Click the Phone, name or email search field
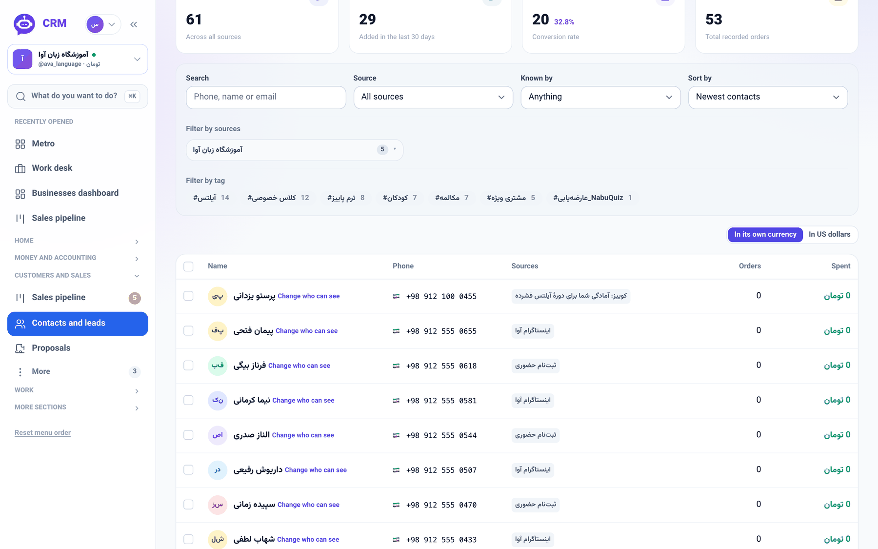[266, 97]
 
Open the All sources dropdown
[433, 97]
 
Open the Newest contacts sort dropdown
[768, 97]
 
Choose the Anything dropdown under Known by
[600, 97]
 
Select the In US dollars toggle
[829, 234]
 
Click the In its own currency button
[765, 234]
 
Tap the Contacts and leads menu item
[78, 324]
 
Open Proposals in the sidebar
[51, 348]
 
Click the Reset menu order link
[42, 433]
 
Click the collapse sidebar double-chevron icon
[134, 24]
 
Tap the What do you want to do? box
[78, 96]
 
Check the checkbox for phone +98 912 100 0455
[188, 296]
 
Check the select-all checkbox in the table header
[188, 266]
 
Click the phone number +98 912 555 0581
[441, 401]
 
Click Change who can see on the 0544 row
[303, 435]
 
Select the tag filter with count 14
[211, 198]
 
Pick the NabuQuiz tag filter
[593, 198]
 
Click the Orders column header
[750, 266]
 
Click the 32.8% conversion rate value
[564, 22]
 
